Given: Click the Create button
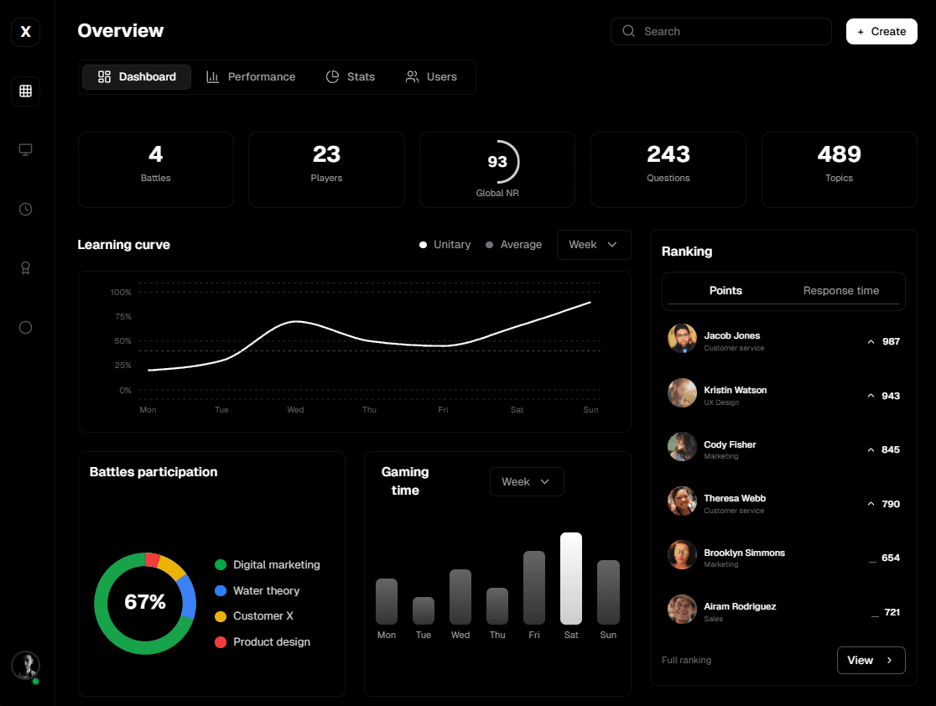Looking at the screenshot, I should pyautogui.click(x=881, y=32).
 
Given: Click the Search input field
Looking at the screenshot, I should pyautogui.click(x=721, y=32).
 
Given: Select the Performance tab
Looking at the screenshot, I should pyautogui.click(x=251, y=77).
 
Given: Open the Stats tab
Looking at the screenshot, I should pyautogui.click(x=351, y=77).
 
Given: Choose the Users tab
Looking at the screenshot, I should pyautogui.click(x=431, y=77).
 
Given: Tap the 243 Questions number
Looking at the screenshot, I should pyautogui.click(x=668, y=154).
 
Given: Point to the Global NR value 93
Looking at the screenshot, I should pyautogui.click(x=497, y=161).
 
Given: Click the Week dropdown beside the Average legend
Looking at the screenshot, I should pyautogui.click(x=593, y=245).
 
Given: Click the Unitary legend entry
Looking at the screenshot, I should pyautogui.click(x=445, y=245).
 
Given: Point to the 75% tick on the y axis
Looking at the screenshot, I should pyautogui.click(x=122, y=317).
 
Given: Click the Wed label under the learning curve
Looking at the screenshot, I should pyautogui.click(x=295, y=410).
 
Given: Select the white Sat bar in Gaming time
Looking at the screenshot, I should pyautogui.click(x=571, y=579).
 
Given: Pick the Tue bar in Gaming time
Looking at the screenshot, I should pyautogui.click(x=424, y=610).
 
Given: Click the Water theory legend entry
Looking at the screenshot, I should pyautogui.click(x=266, y=591).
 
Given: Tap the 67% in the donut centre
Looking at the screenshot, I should pyautogui.click(x=145, y=602).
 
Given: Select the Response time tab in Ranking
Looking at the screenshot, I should pyautogui.click(x=840, y=291).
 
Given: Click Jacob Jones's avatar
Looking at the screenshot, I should pyautogui.click(x=682, y=339).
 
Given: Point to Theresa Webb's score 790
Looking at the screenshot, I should pyautogui.click(x=891, y=504).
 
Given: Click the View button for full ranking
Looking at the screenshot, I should pyautogui.click(x=871, y=661).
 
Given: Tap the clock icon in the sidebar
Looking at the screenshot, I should pyautogui.click(x=25, y=210).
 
